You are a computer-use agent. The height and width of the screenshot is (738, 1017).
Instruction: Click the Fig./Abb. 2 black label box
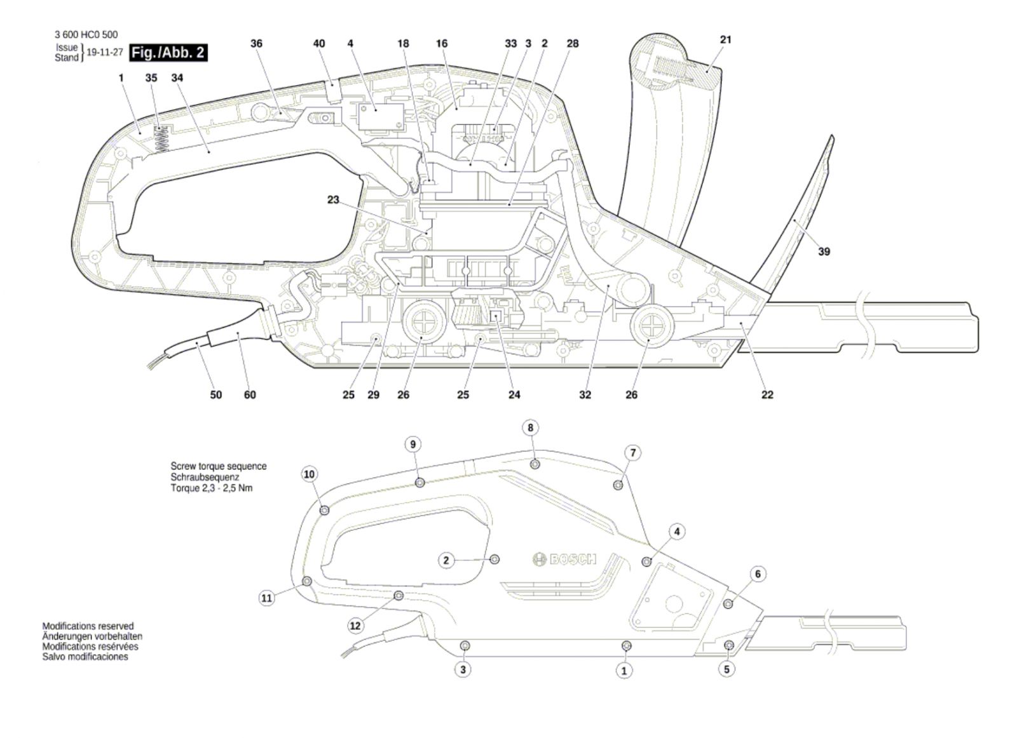[x=168, y=52]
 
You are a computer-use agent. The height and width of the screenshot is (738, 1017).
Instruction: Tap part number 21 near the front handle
[x=726, y=39]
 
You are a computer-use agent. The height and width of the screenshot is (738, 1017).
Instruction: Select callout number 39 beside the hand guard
[x=824, y=252]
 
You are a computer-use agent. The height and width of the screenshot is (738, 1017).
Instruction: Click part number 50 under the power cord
[x=216, y=395]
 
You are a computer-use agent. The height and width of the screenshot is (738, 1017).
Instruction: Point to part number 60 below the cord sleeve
[x=250, y=395]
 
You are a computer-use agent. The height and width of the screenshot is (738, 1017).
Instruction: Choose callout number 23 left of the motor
[x=333, y=199]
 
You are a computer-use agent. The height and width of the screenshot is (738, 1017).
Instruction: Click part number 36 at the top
[x=256, y=43]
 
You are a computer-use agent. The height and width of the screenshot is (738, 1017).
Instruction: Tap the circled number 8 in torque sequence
[x=531, y=427]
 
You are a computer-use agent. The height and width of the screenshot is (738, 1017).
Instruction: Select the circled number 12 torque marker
[x=355, y=626]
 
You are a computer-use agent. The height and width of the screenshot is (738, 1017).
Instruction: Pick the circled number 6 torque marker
[x=758, y=574]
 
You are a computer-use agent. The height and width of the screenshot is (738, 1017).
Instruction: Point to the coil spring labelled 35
[x=162, y=140]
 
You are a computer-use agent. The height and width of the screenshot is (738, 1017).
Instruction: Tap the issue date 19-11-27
[x=104, y=53]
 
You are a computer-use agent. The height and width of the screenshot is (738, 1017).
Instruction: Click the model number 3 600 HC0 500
[x=86, y=35]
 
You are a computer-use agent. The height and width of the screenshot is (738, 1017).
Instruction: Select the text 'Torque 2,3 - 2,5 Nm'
[x=212, y=488]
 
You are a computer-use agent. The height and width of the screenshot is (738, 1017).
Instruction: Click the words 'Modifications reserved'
[x=88, y=626]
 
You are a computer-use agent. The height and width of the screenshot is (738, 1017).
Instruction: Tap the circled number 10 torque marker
[x=310, y=474]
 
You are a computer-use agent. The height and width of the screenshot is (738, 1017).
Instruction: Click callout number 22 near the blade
[x=767, y=395]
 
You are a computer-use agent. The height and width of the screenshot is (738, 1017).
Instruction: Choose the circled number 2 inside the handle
[x=446, y=560]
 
